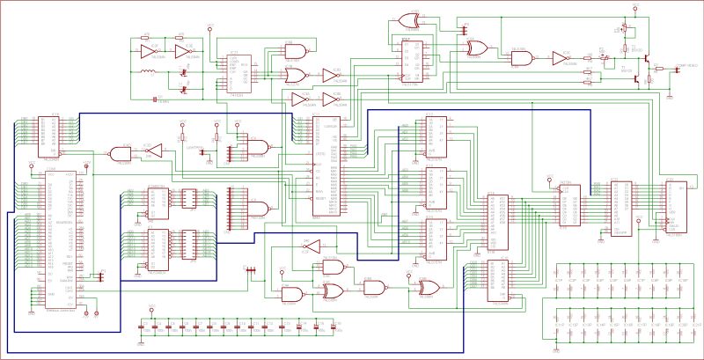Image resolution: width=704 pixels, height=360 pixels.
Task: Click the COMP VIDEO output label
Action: (678, 65)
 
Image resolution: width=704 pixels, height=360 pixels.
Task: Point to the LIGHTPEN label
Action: (194, 147)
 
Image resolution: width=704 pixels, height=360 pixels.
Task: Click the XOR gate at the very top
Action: (408, 19)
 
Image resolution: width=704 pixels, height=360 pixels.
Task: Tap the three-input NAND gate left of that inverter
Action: (522, 58)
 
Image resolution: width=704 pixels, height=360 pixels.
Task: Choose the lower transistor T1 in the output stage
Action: (635, 77)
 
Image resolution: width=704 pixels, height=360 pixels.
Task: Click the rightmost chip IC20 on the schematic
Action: (675, 207)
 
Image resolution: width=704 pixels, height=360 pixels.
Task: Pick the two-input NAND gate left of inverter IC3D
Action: (121, 154)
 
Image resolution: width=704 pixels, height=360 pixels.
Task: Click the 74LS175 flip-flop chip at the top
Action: (411, 62)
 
